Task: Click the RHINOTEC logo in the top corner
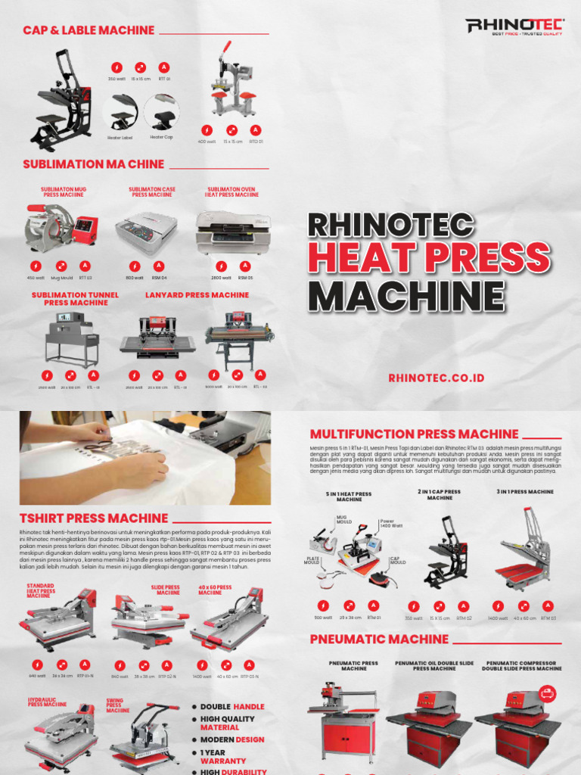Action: (514, 27)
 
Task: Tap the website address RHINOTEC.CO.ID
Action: (436, 378)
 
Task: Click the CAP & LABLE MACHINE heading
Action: (89, 30)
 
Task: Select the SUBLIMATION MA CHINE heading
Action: (93, 163)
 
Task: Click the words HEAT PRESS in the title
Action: (428, 260)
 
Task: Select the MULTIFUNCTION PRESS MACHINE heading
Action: (414, 434)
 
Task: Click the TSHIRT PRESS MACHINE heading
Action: (94, 518)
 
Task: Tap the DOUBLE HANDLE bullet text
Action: (232, 707)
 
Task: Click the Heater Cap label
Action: (161, 137)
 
